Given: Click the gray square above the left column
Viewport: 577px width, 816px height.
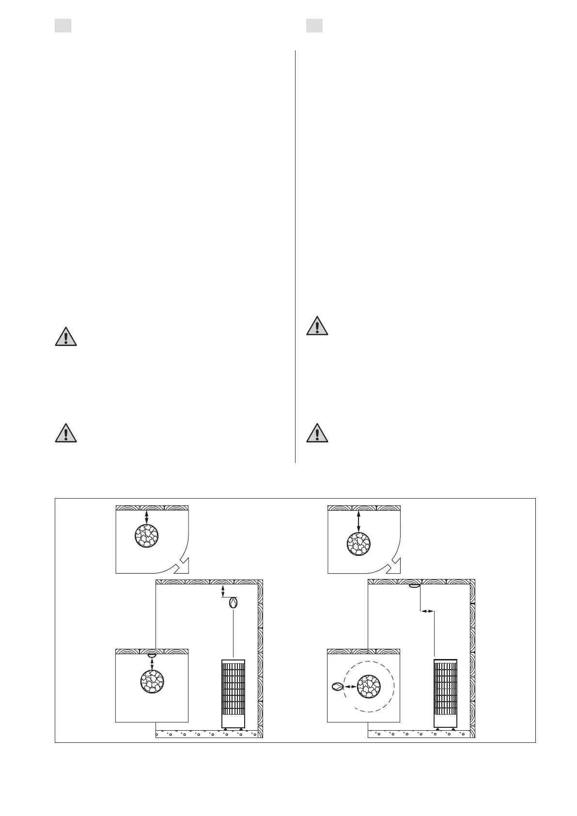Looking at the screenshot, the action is pos(63,26).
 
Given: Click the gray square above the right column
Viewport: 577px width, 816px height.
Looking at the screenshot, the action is pos(314,26).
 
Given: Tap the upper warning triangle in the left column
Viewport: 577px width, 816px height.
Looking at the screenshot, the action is pos(66,336).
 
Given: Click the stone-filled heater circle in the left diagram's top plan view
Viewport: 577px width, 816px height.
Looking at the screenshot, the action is pos(146,537).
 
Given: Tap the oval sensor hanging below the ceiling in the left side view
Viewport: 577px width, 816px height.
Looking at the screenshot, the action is pos(233,603).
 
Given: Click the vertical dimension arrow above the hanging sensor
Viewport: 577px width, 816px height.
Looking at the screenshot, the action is pos(222,591).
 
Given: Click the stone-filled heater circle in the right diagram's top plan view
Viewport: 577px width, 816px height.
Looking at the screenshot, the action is pos(359,544).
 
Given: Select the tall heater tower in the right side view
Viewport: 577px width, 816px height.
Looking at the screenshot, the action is pos(445,693).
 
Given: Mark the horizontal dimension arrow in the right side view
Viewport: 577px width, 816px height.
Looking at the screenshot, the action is pos(427,612).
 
